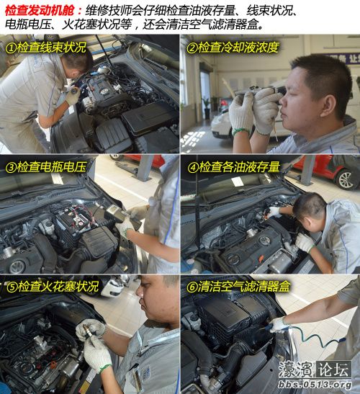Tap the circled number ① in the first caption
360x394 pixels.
coord(11,48)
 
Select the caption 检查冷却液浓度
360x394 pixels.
coord(238,48)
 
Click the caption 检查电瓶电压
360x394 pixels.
coord(52,167)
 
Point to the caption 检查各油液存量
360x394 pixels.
coord(239,167)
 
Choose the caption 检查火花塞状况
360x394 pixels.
coord(58,287)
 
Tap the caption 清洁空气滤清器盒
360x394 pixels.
coord(244,287)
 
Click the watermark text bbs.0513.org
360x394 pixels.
coord(315,385)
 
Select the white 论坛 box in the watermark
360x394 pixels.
coord(333,370)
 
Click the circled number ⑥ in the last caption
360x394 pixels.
coord(192,287)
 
